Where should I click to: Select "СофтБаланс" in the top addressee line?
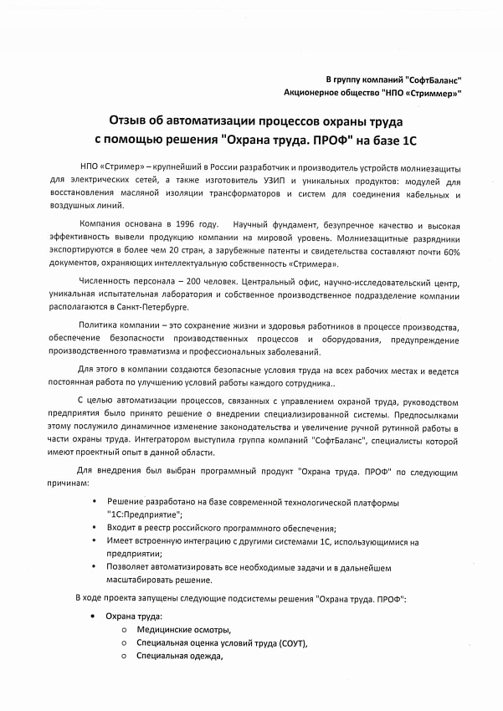point(434,77)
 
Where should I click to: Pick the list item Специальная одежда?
point(179,656)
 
